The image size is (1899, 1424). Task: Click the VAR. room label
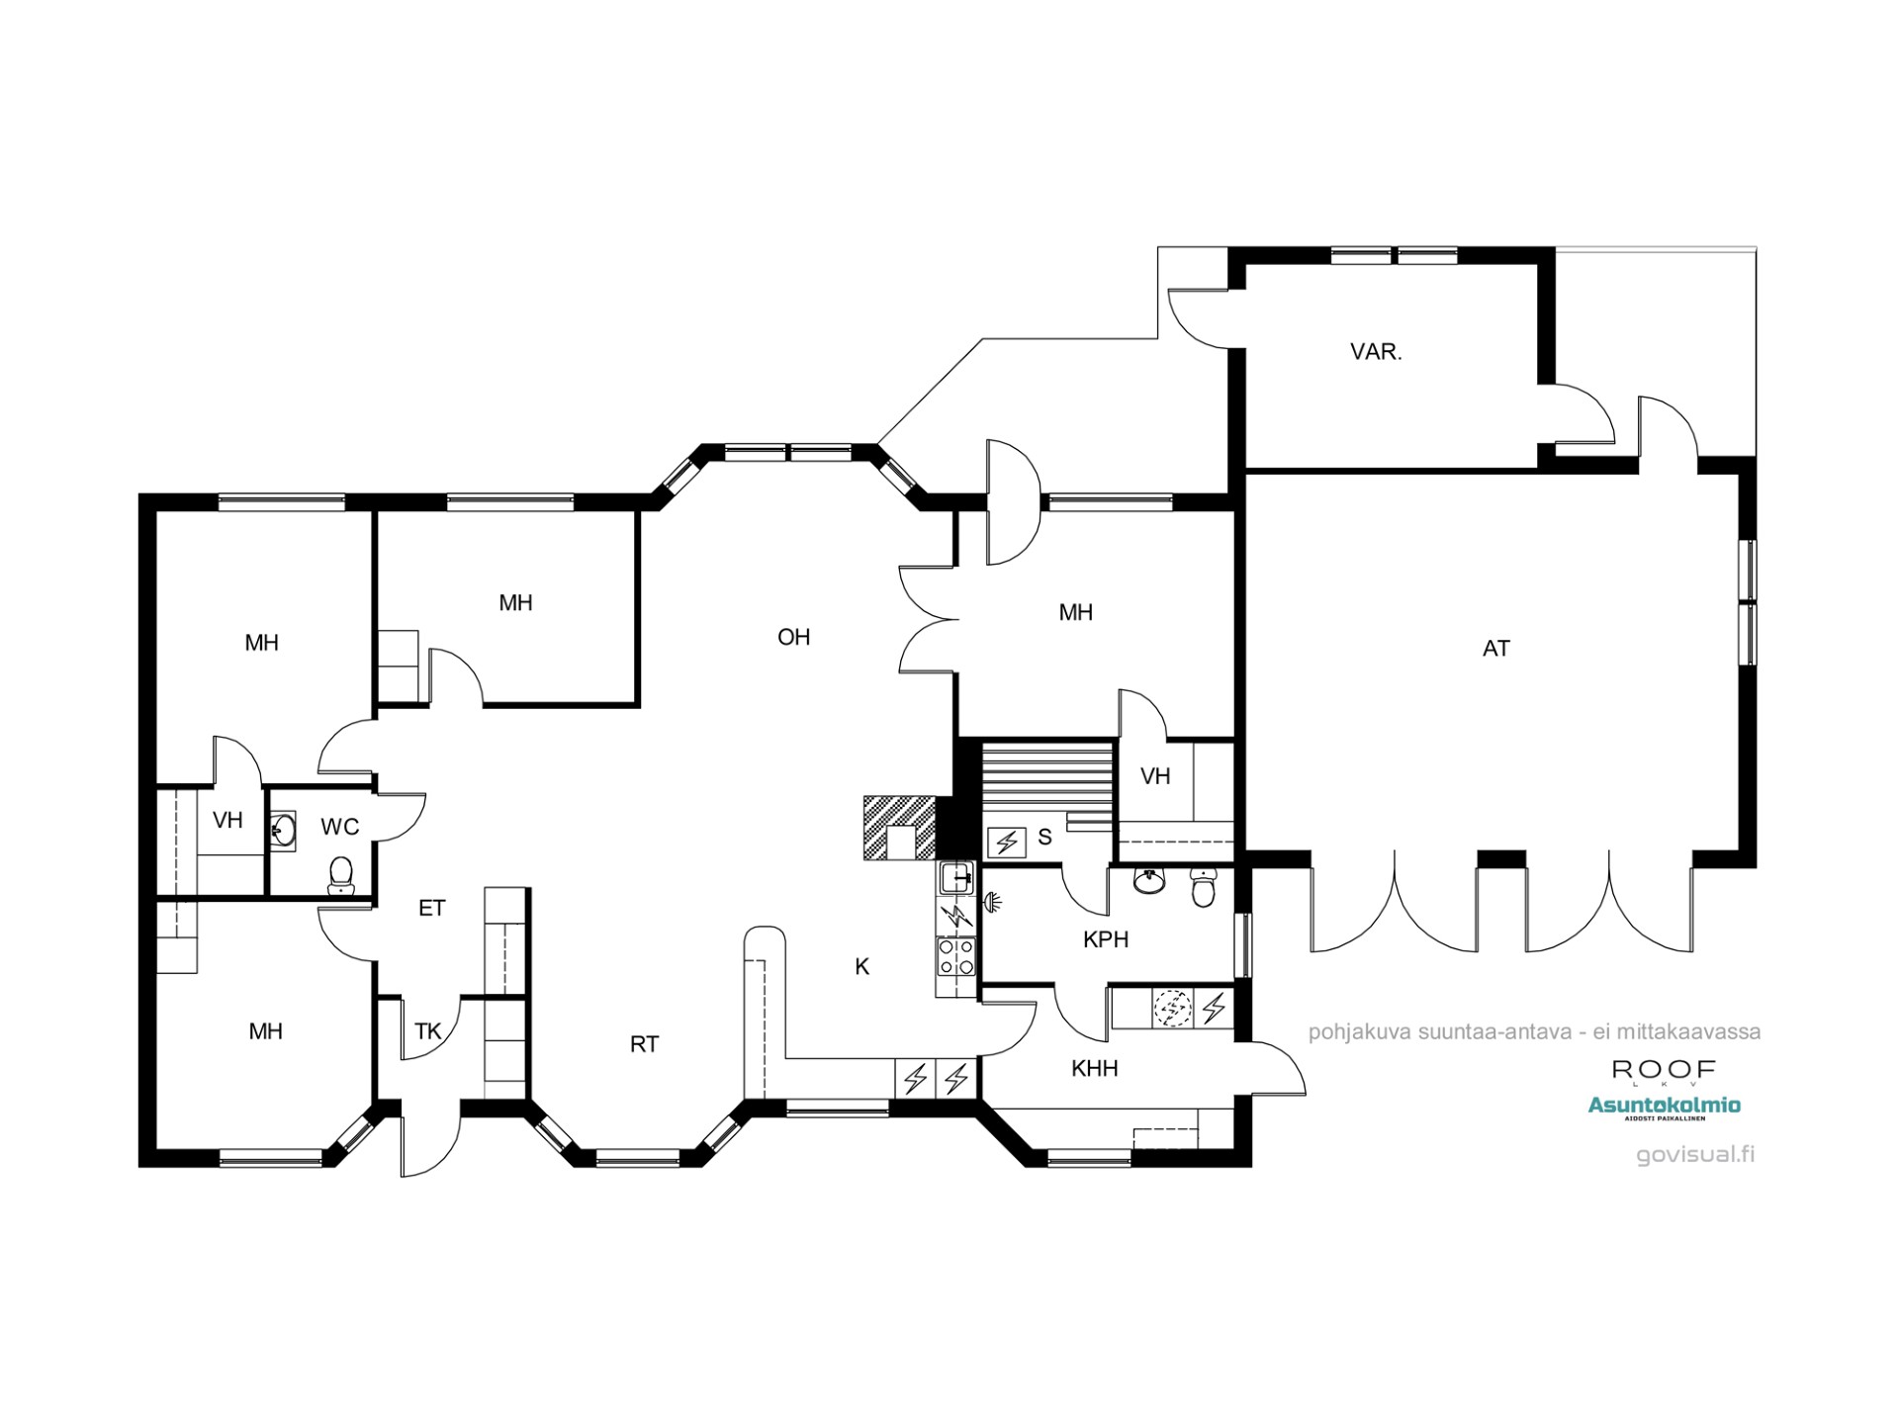point(1376,352)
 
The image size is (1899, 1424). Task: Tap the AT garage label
point(1495,649)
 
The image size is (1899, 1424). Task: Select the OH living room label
point(793,637)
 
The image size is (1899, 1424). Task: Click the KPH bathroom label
point(1105,939)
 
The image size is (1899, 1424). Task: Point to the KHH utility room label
point(1094,1069)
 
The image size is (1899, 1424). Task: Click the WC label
point(339,828)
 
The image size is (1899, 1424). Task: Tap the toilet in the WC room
point(341,874)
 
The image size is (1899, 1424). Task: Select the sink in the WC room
point(283,831)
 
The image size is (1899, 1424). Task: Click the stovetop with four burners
point(956,957)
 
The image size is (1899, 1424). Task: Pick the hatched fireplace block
point(898,827)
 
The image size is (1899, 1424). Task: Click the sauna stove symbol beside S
point(1007,843)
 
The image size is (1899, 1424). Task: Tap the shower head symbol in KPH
point(991,901)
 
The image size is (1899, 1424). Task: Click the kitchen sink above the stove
point(956,876)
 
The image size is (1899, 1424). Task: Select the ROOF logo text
point(1664,1069)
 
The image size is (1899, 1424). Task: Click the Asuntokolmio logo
point(1664,1107)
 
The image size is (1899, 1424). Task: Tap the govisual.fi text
point(1695,1154)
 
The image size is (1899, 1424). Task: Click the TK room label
point(427,1032)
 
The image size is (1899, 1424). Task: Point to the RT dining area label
point(644,1044)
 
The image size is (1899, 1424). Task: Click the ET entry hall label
point(431,908)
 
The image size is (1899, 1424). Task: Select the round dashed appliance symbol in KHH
point(1173,1009)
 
